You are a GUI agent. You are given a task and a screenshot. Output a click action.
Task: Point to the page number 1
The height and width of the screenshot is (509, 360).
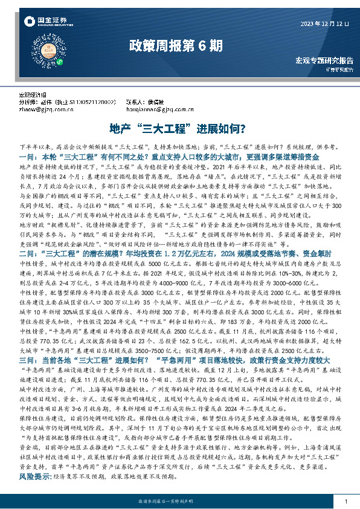point(345,502)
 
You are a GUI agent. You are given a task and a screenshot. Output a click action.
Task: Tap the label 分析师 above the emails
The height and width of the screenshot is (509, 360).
point(28,103)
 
